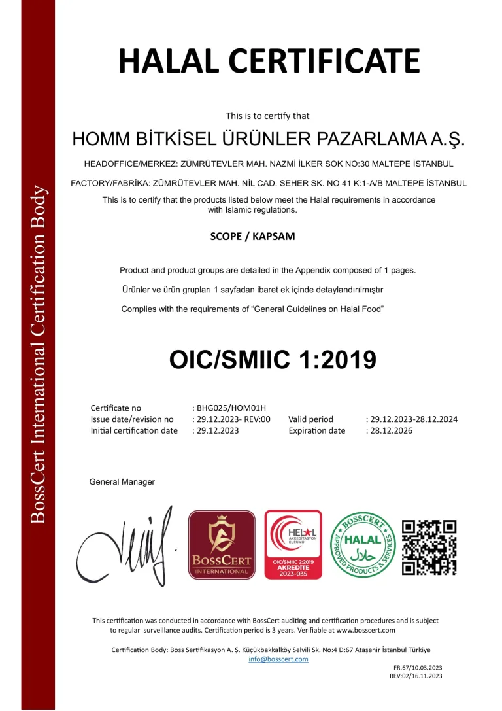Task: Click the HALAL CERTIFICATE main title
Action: click(x=269, y=61)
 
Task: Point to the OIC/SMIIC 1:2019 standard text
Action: click(x=273, y=359)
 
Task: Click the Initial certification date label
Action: click(x=134, y=430)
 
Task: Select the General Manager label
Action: click(x=122, y=482)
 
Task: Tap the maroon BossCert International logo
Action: click(x=222, y=544)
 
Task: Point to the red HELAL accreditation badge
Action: click(x=293, y=544)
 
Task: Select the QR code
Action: click(x=429, y=547)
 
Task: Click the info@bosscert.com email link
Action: click(x=278, y=659)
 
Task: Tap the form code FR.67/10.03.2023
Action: click(x=418, y=668)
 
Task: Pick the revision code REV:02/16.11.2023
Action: click(x=416, y=676)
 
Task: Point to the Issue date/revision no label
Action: click(x=132, y=419)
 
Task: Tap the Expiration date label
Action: click(x=316, y=430)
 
